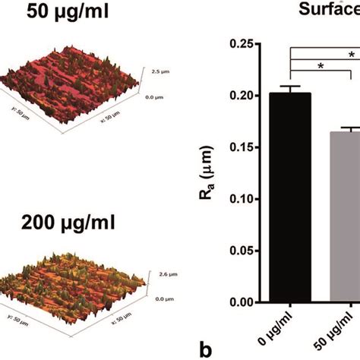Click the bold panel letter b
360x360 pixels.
point(204,350)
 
